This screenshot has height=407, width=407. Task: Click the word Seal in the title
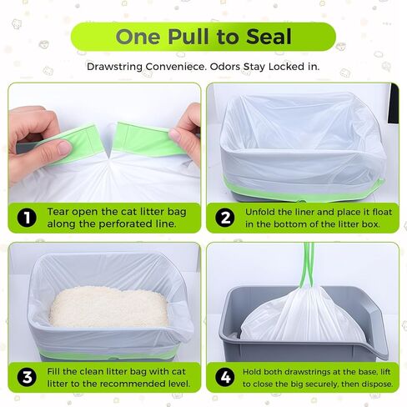pos(269,37)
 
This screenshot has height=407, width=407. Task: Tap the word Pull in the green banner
pos(188,37)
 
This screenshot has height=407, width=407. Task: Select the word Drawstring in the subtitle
pos(114,67)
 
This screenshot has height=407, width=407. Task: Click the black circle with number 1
pos(27,218)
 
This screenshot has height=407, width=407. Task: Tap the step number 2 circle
pos(225,218)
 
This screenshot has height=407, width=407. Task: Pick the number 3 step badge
pos(27,377)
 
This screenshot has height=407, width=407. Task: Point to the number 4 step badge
pos(225,377)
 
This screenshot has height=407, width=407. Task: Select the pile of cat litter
pos(108,306)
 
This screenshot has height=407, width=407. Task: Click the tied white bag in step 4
pos(302,315)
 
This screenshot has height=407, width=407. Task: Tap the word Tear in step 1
pos(58,212)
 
